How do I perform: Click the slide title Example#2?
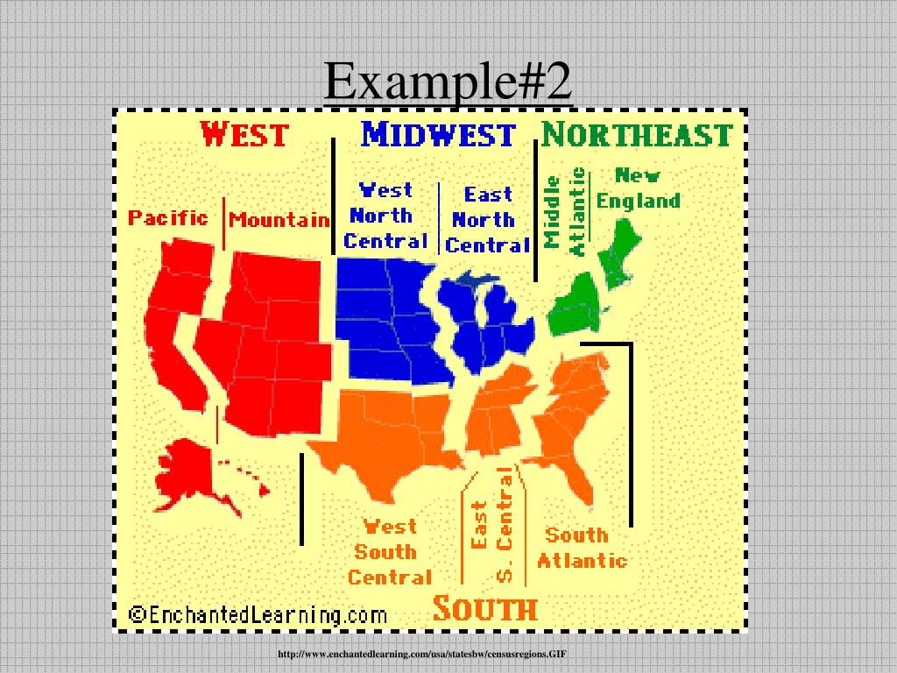448,84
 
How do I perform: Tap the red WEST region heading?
244,135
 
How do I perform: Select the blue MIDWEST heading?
438,135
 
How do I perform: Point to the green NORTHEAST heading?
636,135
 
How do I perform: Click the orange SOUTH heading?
484,608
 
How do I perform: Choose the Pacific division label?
168,217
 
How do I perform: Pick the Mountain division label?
279,220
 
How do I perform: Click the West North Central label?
385,216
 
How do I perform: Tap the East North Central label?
488,220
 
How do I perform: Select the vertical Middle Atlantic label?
565,211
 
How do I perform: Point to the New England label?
638,188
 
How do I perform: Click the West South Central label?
390,552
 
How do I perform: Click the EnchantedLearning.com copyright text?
258,613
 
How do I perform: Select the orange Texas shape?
385,434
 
